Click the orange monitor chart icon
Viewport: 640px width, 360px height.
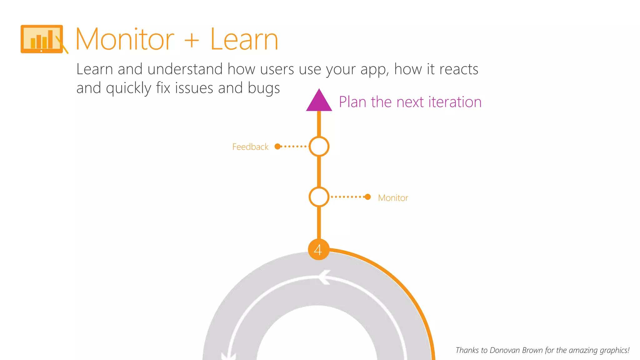42,39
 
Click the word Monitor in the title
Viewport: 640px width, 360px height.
125,40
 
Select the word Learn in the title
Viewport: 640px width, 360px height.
244,40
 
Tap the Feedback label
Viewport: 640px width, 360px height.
250,147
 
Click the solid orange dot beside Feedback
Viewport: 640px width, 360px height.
277,146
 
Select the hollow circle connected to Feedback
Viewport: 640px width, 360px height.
319,146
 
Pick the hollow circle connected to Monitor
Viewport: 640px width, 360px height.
319,197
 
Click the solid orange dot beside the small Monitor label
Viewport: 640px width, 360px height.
368,197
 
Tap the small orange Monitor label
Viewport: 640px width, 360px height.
393,198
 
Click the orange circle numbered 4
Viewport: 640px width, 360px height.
318,250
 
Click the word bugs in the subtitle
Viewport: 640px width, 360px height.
264,88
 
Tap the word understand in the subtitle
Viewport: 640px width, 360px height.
185,69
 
